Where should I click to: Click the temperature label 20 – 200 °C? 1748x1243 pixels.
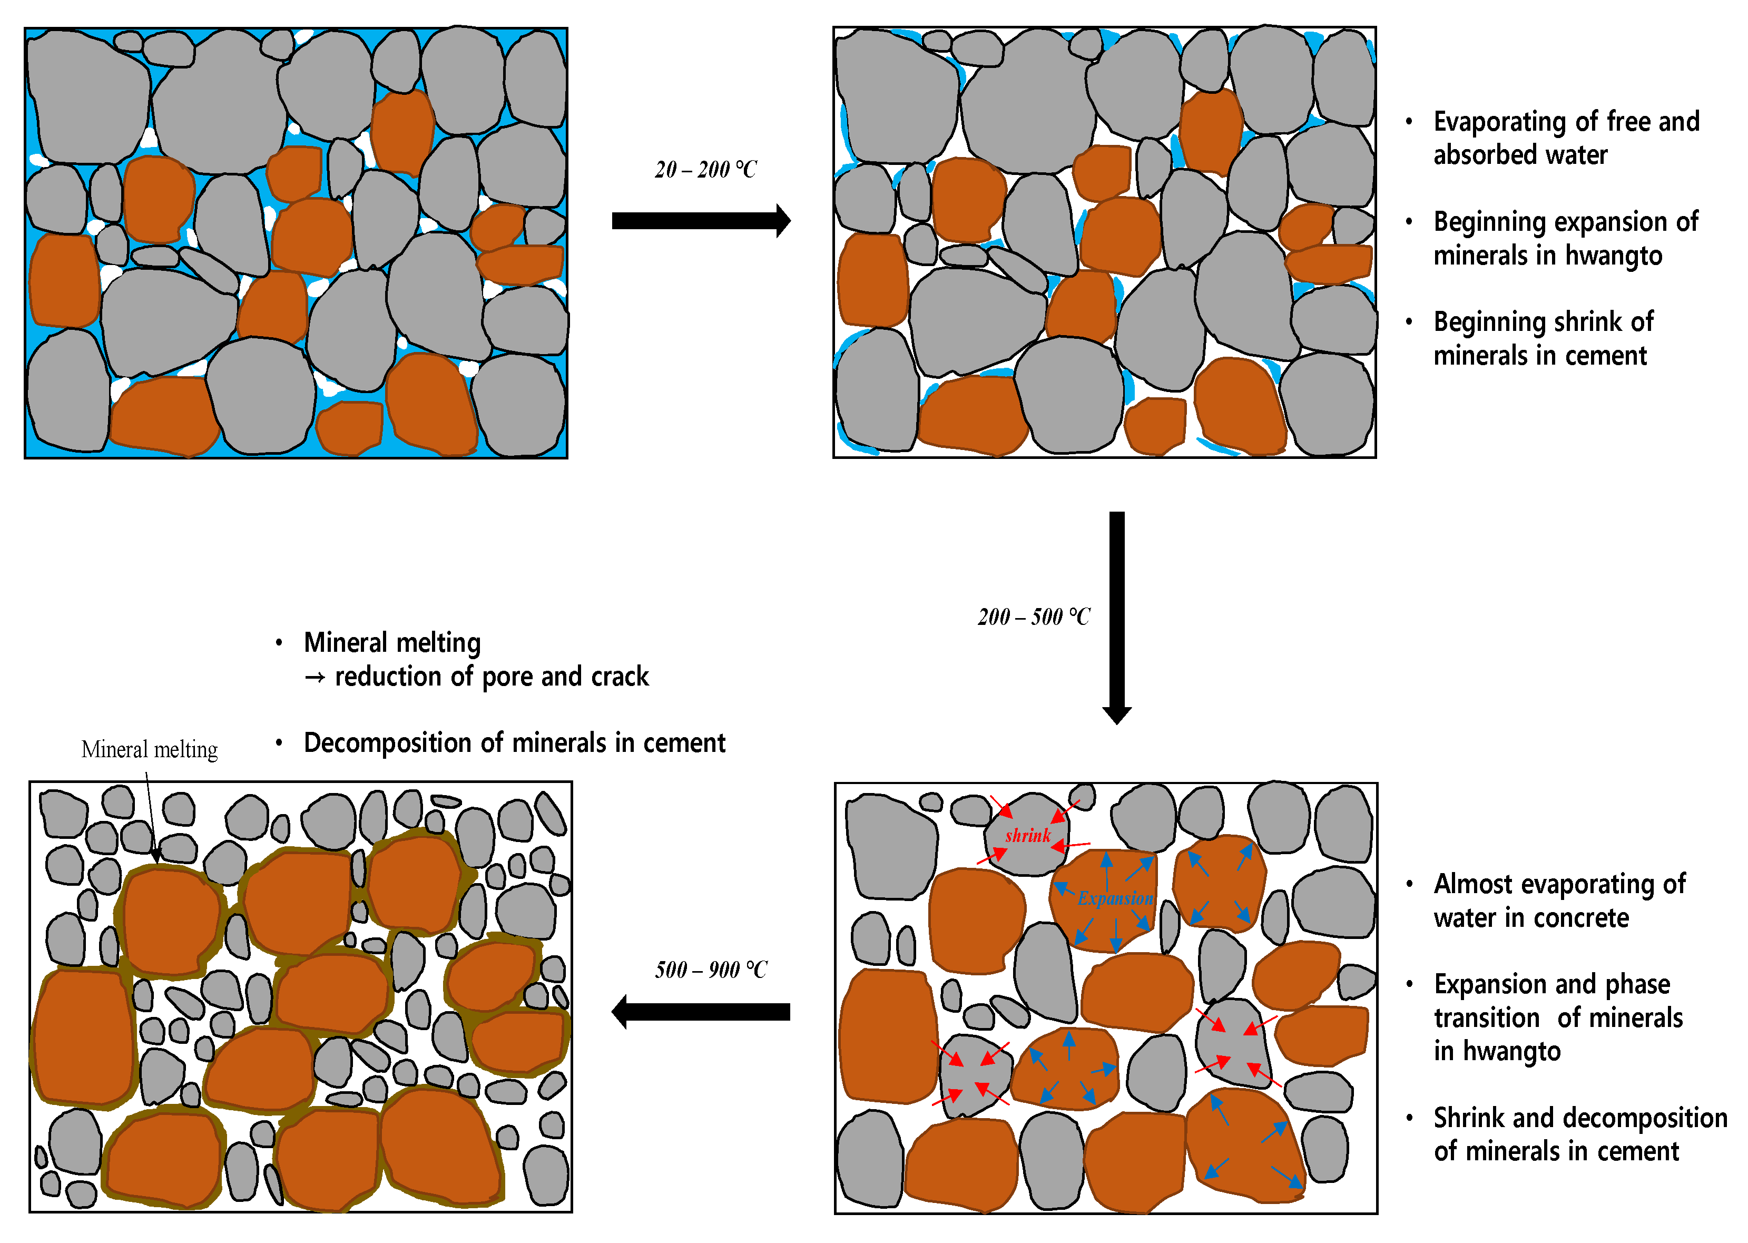point(705,169)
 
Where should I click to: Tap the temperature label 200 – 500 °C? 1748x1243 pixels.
point(1033,617)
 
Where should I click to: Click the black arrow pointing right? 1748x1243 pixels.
point(700,221)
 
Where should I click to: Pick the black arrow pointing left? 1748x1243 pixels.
point(700,1012)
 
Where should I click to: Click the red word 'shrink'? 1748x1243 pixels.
point(1027,835)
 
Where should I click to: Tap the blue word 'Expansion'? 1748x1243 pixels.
point(1115,898)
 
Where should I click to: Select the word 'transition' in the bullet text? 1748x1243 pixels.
point(1486,1018)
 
